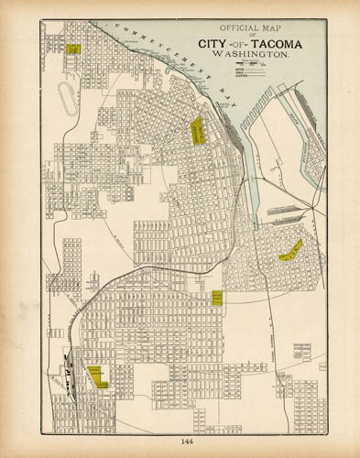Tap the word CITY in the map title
coord(213,42)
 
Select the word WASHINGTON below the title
coord(250,54)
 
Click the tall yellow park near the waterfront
coord(196,131)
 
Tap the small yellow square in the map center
coord(217,297)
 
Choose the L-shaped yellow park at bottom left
coord(97,376)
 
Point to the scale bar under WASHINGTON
coord(249,61)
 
